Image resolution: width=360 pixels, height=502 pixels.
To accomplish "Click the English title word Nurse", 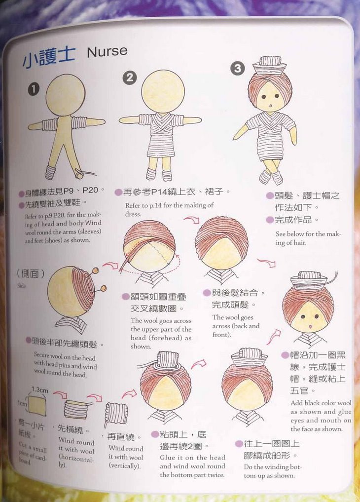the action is [x=107, y=51].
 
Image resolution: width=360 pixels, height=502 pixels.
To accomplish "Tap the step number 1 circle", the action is [x=34, y=89].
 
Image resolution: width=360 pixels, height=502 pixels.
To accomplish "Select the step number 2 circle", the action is [x=130, y=78].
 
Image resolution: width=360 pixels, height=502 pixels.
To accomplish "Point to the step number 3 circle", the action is [x=238, y=68].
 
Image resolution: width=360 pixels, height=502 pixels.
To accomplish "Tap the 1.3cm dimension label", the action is [x=39, y=390].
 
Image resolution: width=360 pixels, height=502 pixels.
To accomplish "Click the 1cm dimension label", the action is [x=22, y=403].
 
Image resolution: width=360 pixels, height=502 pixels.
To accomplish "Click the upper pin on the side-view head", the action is [x=95, y=271].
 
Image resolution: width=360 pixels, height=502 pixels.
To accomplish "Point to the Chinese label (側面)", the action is [x=31, y=273].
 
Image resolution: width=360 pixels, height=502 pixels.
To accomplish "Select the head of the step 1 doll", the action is [x=66, y=95].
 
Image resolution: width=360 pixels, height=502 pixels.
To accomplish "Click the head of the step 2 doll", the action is [x=163, y=91].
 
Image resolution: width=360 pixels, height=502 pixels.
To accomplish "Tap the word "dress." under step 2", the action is [x=133, y=214].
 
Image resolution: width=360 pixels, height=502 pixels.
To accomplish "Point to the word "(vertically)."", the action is [x=125, y=466].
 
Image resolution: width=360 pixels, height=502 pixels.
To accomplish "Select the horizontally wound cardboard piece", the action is [x=76, y=409].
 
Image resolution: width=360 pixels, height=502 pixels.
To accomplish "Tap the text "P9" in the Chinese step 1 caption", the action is [x=69, y=191].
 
